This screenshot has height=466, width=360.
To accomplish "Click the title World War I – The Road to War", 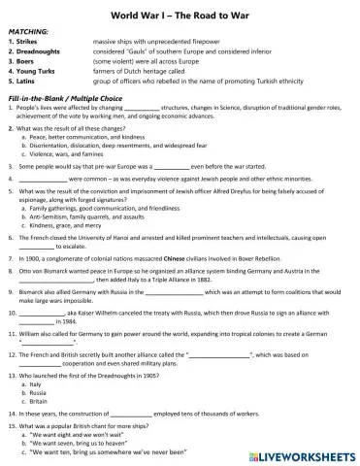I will pos(180,13).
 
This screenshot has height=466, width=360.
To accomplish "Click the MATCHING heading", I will pos(28,32).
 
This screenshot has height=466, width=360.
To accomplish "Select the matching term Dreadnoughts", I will pos(38,51).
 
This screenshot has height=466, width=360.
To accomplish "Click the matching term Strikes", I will pos(28,42).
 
